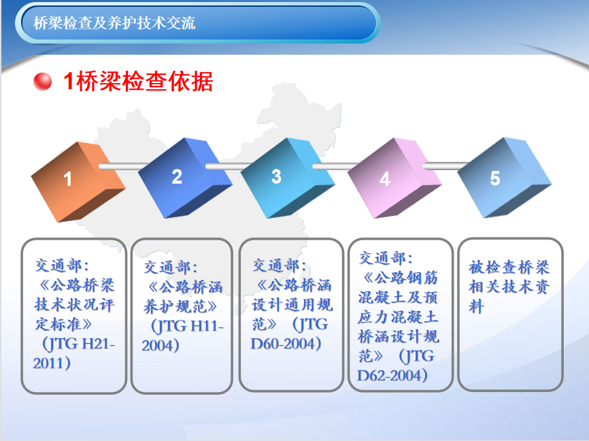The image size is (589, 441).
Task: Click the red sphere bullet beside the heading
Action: tap(42, 82)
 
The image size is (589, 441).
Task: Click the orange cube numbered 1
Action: tap(78, 182)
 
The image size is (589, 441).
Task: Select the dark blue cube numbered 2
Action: tap(185, 178)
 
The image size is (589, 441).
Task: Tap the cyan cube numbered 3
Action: tap(288, 178)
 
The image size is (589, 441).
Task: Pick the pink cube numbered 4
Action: tap(394, 178)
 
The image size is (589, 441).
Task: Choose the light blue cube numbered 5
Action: tap(504, 178)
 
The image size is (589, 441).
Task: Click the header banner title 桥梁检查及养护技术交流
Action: tap(114, 23)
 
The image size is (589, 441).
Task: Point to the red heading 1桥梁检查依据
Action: tap(138, 81)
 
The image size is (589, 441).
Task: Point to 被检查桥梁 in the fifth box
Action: tap(509, 267)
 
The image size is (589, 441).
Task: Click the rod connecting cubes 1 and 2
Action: tap(124, 166)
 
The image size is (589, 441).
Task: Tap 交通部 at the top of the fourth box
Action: tap(382, 258)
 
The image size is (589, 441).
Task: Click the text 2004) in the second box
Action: tap(161, 346)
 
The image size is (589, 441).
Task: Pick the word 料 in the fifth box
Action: tap(476, 306)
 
